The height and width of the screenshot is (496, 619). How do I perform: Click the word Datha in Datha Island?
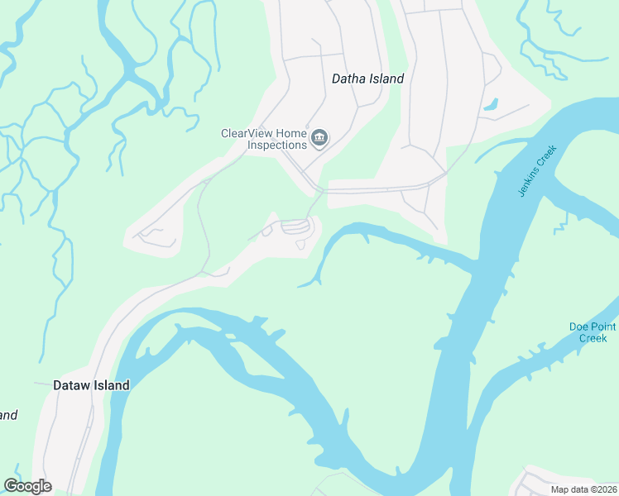349,79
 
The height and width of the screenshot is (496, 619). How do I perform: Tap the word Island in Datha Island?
386,79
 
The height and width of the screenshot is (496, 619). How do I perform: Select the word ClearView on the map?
247,133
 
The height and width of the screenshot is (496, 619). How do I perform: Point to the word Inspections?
277,145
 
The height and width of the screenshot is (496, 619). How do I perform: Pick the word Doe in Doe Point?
578,327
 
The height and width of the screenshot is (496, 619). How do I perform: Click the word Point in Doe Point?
602,327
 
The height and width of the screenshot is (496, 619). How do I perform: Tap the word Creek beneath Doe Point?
593,338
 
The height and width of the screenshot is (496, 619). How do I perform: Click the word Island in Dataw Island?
111,385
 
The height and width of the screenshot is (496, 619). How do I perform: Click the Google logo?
27,486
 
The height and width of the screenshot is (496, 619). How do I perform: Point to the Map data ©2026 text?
583,489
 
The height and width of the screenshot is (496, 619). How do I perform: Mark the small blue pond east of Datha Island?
491,105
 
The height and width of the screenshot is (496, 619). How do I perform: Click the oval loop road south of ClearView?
295,226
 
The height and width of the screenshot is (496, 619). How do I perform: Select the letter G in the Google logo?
11,486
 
